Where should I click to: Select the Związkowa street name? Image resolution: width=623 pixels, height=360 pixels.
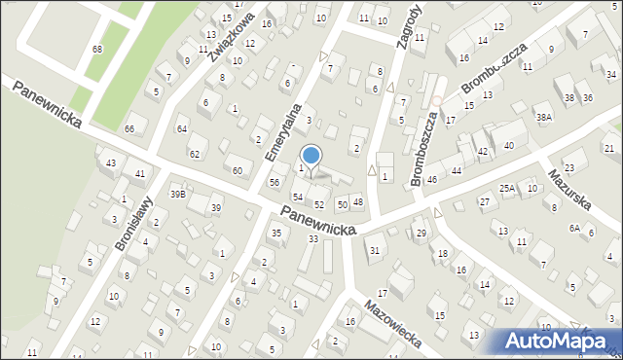coord(231,36)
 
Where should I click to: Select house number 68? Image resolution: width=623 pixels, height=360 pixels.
coord(97,49)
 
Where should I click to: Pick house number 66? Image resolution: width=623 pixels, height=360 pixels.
coord(128,128)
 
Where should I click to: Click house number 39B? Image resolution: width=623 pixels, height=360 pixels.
coord(177,194)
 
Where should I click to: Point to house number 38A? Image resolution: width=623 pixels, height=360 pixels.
coord(543,117)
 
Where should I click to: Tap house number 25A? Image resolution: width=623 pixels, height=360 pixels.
coord(507,188)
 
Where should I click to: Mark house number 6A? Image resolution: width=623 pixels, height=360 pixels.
coord(574,228)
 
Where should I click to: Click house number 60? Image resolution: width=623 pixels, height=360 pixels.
coord(237,171)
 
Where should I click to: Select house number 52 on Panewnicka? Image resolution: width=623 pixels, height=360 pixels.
coord(319,204)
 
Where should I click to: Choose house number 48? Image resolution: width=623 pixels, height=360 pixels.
coord(358,201)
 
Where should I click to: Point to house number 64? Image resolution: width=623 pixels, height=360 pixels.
coord(181,128)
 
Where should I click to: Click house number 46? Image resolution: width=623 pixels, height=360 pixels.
coord(431,180)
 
